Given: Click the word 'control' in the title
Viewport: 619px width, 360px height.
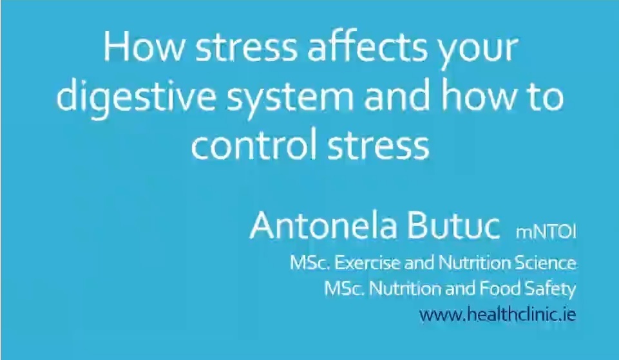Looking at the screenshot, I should [x=247, y=144].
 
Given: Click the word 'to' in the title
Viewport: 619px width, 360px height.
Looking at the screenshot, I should [x=546, y=97].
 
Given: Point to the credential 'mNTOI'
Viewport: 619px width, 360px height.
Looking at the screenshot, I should [x=545, y=231].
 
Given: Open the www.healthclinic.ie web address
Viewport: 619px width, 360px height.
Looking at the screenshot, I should [x=497, y=315].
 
